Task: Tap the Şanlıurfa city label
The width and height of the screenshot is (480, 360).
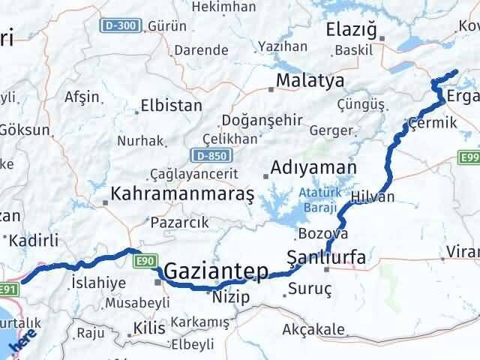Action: click(x=327, y=258)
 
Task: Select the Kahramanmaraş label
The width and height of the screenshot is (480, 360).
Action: click(x=182, y=194)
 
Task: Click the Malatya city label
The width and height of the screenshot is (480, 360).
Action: click(x=310, y=79)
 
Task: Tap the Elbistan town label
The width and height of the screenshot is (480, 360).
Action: click(x=173, y=106)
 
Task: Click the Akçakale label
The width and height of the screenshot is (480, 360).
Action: click(x=313, y=329)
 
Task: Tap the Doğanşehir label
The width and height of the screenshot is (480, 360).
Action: click(x=261, y=120)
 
